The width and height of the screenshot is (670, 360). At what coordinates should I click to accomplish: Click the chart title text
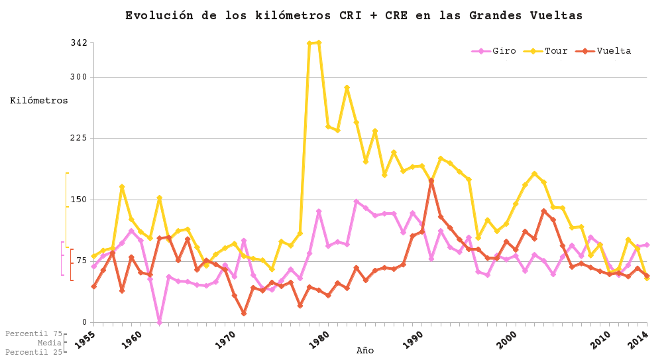(x=354, y=15)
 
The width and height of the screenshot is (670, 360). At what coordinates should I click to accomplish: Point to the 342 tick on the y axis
(x=79, y=43)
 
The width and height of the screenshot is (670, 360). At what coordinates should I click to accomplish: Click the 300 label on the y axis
(x=79, y=77)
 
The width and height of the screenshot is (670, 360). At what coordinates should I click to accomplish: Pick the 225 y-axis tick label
(x=79, y=138)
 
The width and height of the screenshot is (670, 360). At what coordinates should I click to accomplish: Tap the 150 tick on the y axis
(x=79, y=200)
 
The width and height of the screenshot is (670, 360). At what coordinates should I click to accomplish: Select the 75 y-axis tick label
(x=81, y=261)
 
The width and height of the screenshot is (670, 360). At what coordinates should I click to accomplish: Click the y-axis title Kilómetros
(x=39, y=101)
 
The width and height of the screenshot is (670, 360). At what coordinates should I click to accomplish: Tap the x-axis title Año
(x=365, y=351)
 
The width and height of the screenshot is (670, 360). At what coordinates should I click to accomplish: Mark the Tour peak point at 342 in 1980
(x=318, y=42)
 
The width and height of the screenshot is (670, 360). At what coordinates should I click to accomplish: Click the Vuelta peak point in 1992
(x=431, y=180)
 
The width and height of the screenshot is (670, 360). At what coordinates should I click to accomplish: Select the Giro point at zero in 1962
(x=159, y=322)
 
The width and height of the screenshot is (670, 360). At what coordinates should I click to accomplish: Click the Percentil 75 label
(x=34, y=334)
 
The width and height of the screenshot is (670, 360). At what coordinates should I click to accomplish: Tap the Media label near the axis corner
(x=50, y=343)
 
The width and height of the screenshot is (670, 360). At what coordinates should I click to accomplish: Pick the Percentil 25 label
(x=34, y=352)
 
